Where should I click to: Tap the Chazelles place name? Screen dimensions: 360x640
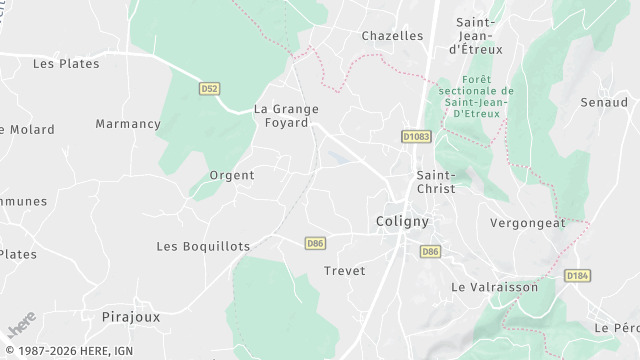click(392, 35)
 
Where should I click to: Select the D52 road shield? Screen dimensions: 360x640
click(209, 89)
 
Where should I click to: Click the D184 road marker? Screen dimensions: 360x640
click(576, 275)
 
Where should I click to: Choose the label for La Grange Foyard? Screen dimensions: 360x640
click(286, 115)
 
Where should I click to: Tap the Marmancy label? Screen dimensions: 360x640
click(128, 124)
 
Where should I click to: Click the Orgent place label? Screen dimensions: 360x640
click(231, 175)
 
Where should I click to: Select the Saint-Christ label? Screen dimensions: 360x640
click(435, 181)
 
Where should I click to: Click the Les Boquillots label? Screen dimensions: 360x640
click(203, 246)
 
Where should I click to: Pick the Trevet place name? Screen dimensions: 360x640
click(345, 270)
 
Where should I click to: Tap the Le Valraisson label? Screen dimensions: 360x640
click(495, 287)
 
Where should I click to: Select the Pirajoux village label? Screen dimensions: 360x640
click(131, 316)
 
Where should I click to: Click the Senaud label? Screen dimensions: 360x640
click(604, 102)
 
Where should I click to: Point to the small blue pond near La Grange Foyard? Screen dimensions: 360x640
click(337, 158)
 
